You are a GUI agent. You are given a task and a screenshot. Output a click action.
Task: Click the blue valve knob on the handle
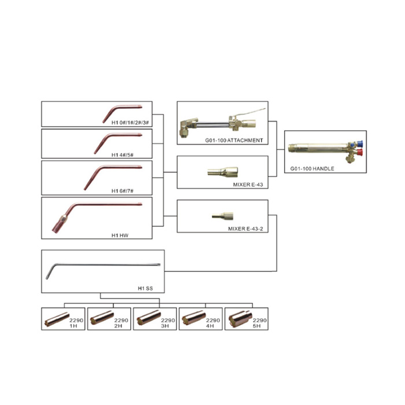pos(359,143)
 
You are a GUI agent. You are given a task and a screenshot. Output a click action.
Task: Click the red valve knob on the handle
pos(359,152)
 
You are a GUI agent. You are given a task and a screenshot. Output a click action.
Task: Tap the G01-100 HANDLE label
pos(312,169)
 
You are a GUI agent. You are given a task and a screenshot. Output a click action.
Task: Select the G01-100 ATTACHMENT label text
pos(234,140)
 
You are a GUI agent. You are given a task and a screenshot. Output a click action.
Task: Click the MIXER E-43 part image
pos(223,172)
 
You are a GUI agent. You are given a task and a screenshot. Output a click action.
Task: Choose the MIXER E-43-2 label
pos(245,229)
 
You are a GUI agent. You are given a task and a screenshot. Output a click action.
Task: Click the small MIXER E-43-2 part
pos(223,216)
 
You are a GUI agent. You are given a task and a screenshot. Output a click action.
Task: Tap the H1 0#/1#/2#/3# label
pos(130,123)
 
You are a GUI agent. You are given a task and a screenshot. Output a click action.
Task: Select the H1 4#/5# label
pos(123,154)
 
